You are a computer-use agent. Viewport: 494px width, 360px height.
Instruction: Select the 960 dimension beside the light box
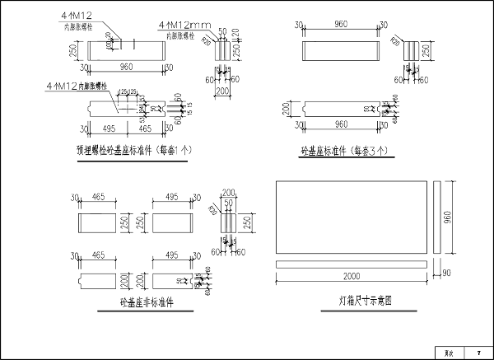[x=447, y=215]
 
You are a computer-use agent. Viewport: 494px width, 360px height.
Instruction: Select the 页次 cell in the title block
[x=450, y=353]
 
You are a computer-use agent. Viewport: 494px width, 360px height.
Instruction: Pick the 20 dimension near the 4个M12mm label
[x=235, y=33]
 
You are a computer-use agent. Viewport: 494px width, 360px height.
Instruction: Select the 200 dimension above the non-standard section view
[x=228, y=189]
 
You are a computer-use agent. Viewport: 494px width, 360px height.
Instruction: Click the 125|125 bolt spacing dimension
[x=126, y=91]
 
